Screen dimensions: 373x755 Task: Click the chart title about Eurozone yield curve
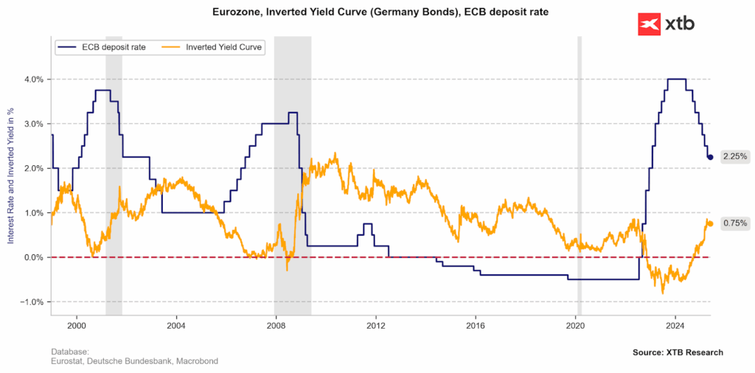377,13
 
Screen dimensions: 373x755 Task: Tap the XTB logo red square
649,24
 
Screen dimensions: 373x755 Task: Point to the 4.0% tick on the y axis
35,79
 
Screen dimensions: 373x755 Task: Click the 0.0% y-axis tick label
35,257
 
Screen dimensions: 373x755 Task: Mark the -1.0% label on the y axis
33,302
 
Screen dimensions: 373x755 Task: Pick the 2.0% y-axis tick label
35,168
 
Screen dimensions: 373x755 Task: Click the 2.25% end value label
735,156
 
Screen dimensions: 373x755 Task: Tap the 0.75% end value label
735,223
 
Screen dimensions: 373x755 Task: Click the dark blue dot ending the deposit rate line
710,157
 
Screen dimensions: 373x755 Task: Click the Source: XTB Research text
678,352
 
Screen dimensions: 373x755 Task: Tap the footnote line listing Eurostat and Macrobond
134,361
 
